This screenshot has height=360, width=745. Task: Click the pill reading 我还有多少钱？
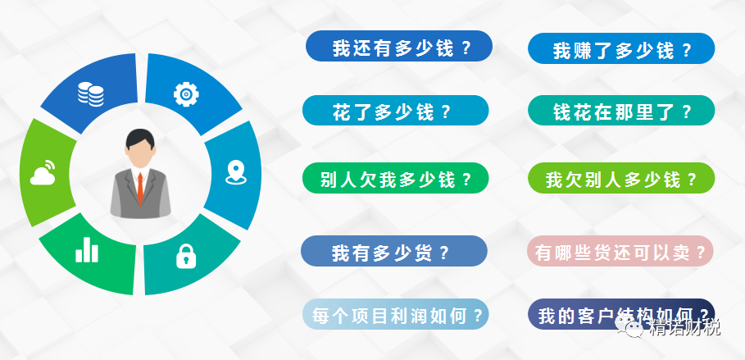(x=398, y=46)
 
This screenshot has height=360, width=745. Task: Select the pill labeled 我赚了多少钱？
(x=621, y=48)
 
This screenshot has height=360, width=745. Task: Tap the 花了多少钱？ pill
(x=395, y=111)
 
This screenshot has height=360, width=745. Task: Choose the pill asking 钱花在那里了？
(x=621, y=111)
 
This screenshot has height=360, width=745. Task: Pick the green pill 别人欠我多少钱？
(x=396, y=178)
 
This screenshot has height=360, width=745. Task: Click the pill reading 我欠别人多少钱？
(x=621, y=178)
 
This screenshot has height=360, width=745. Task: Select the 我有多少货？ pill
(x=394, y=251)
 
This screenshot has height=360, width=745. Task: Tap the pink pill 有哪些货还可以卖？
(x=620, y=251)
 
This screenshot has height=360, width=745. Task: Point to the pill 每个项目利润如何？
(x=396, y=314)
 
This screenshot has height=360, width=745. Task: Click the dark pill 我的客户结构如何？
(x=621, y=314)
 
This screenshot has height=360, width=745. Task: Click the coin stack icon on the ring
(x=91, y=93)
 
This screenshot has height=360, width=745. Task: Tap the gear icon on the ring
(x=186, y=94)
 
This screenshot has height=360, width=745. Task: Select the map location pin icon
(x=236, y=173)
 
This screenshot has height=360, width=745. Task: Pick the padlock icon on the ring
(x=186, y=257)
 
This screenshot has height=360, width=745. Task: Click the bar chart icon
(x=87, y=250)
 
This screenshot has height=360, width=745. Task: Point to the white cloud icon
(x=43, y=173)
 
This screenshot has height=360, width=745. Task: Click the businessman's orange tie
(x=140, y=187)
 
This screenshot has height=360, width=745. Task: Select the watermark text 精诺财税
(x=683, y=327)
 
